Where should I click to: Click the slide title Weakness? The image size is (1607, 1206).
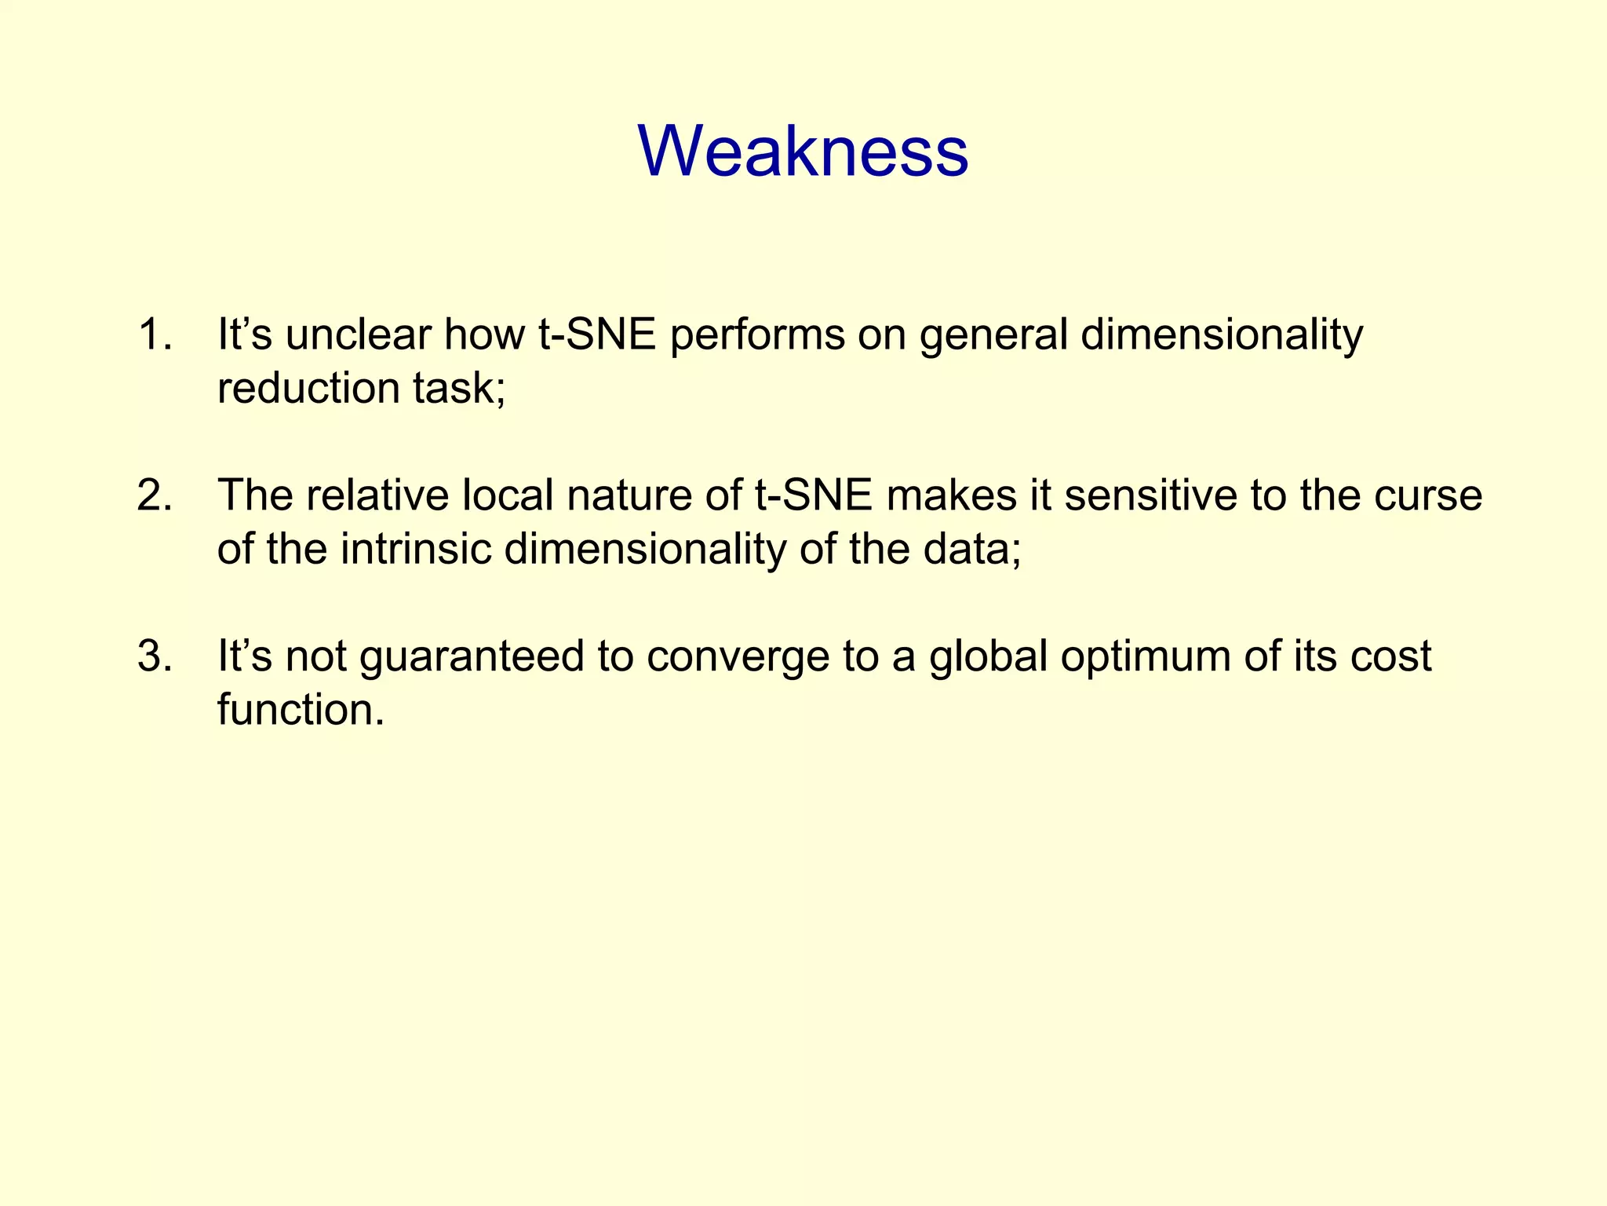(x=803, y=151)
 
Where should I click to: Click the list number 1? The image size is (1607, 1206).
(x=154, y=334)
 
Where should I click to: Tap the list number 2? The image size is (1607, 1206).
(x=154, y=495)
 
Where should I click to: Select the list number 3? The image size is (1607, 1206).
(x=154, y=656)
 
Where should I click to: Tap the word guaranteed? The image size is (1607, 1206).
(x=472, y=657)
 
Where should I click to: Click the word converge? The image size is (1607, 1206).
(x=738, y=657)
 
